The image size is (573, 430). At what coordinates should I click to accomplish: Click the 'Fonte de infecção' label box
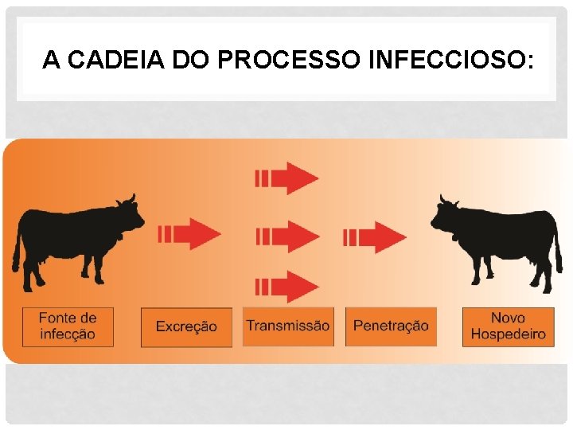[x=68, y=326]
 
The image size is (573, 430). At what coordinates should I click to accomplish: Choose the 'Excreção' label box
[x=186, y=326]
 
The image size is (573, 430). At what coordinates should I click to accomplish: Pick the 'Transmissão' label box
[x=287, y=326]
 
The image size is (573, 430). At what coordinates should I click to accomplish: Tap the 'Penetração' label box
[x=391, y=326]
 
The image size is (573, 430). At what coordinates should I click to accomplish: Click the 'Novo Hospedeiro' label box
[x=509, y=326]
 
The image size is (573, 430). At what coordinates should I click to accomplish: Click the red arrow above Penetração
[x=375, y=236]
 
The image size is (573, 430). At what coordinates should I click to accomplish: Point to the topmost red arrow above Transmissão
[x=286, y=178]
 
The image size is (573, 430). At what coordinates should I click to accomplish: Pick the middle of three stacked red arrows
[x=286, y=236]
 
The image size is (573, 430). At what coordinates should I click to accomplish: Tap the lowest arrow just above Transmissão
[x=286, y=286]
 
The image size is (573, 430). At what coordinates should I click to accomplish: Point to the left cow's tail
[x=16, y=247]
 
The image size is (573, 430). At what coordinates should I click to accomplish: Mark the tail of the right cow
[x=558, y=247]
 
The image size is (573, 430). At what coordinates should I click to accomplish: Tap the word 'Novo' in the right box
[x=508, y=319]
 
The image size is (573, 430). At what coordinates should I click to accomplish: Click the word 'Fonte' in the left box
[x=57, y=319]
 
